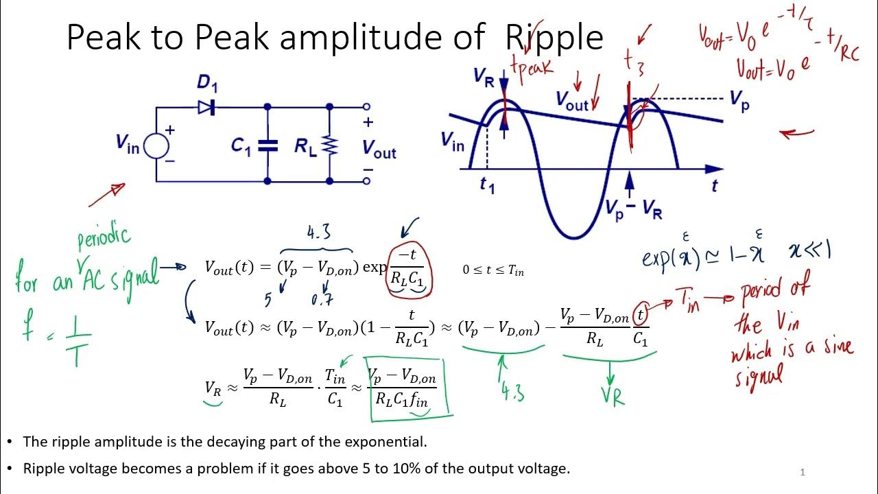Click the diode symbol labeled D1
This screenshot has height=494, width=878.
tap(206, 107)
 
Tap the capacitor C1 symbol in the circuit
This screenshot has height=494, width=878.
tap(268, 145)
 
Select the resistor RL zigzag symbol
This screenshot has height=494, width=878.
tap(330, 145)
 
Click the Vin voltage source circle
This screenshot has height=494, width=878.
tap(157, 145)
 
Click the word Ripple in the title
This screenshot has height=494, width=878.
tap(554, 38)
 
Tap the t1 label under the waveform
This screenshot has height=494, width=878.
tap(487, 185)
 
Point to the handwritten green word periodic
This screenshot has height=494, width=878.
tap(103, 237)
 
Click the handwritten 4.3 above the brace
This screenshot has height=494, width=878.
tap(319, 233)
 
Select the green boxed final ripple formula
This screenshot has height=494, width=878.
tap(409, 388)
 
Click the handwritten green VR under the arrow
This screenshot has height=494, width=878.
tap(612, 395)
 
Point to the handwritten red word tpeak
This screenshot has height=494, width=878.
tap(532, 71)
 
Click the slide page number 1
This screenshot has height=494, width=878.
tap(803, 472)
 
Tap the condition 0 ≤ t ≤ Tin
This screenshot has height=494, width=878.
tap(493, 270)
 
